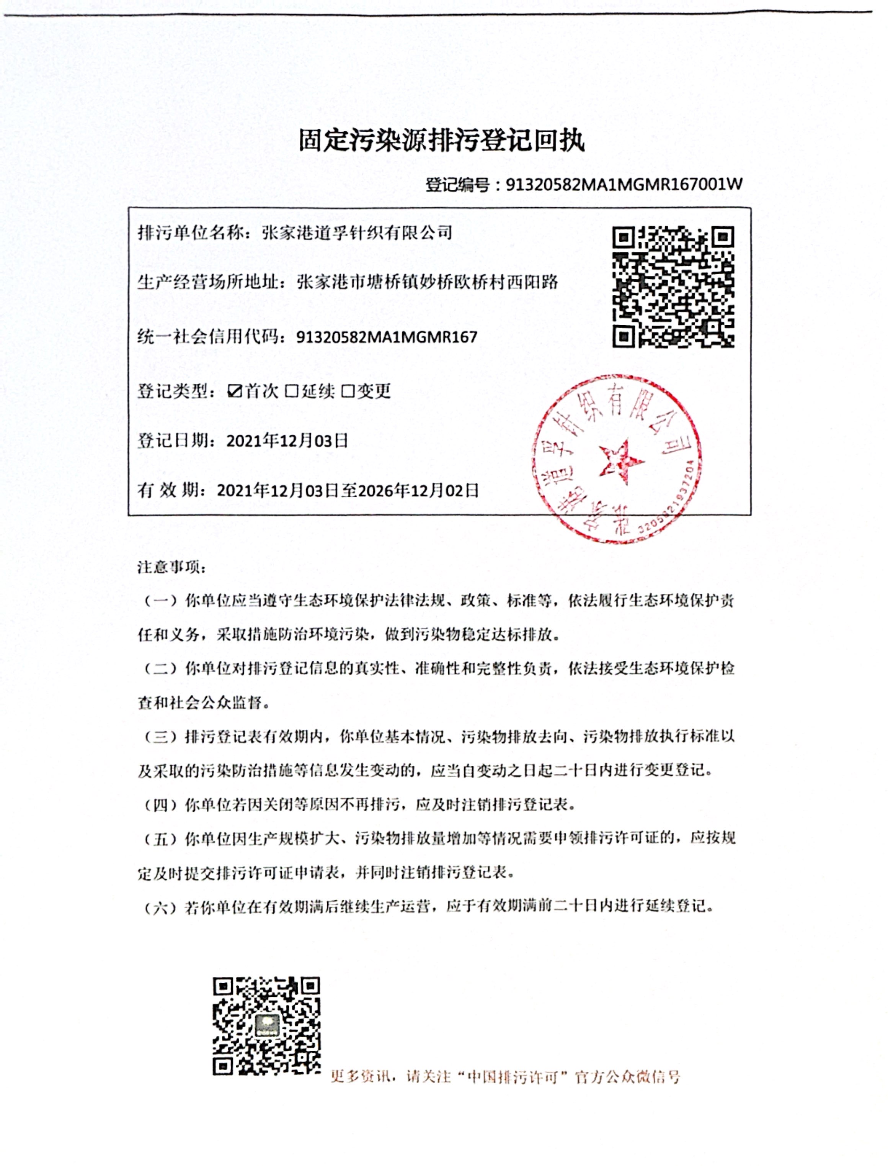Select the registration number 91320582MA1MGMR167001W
coord(624,184)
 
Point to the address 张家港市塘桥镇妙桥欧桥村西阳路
coord(427,282)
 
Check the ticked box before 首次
coord(234,391)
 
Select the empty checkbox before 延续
coord(291,391)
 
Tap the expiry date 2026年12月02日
coord(418,490)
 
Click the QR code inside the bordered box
coord(673,287)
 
